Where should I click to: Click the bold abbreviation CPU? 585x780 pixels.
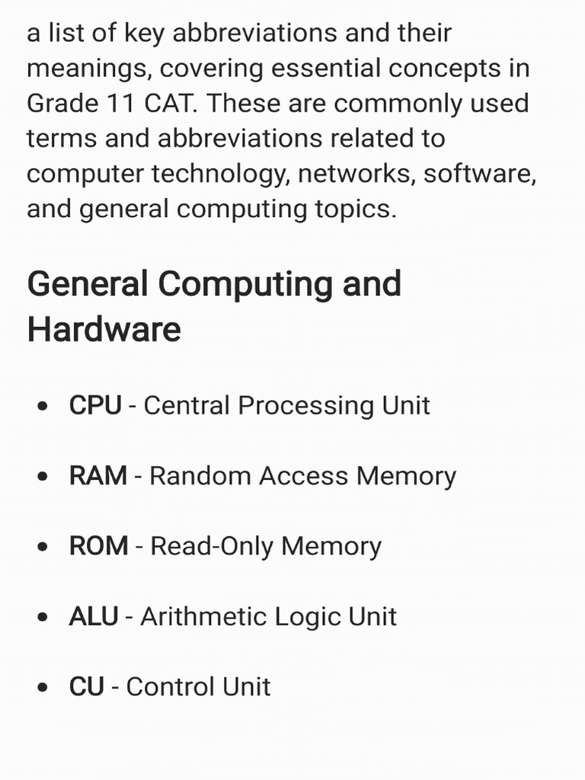point(95,405)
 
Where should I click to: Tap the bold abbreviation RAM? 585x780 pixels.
point(97,476)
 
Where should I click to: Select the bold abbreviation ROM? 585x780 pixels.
point(98,546)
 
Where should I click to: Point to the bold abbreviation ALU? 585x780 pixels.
point(93,616)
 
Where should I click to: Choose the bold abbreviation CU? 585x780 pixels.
point(86,687)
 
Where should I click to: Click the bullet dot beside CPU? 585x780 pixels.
point(44,406)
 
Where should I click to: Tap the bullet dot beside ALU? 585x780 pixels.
point(44,617)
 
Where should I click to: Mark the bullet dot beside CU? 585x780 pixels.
point(44,688)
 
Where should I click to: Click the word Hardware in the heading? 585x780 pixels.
point(104,330)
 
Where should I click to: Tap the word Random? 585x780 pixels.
point(200,476)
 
